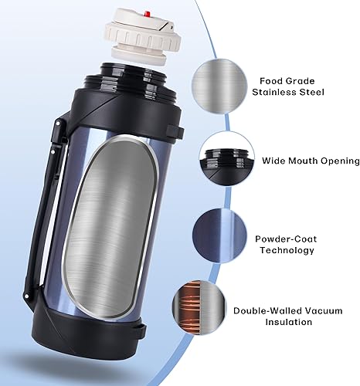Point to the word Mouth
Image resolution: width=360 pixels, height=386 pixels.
(297, 161)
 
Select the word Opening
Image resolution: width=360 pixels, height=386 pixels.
(338, 161)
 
